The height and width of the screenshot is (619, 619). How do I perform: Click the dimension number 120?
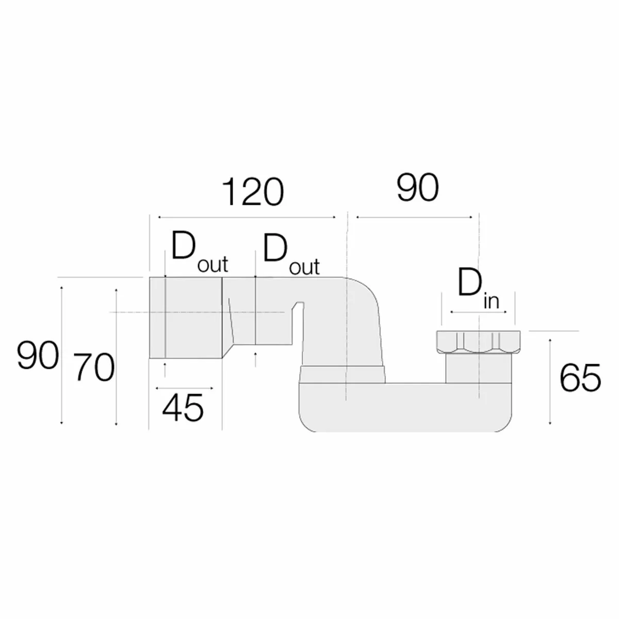[253, 192]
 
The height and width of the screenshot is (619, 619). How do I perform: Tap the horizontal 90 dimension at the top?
[417, 188]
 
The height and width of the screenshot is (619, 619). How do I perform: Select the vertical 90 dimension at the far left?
[38, 355]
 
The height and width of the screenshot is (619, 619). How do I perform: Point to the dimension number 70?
[94, 367]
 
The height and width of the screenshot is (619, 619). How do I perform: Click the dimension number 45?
[183, 408]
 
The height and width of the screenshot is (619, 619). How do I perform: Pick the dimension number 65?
[580, 378]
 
